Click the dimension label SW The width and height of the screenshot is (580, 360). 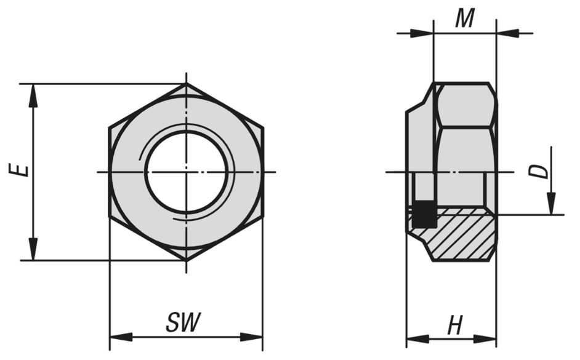pyautogui.click(x=183, y=322)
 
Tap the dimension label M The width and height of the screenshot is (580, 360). pyautogui.click(x=464, y=19)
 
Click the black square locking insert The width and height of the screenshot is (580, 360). pyautogui.click(x=423, y=214)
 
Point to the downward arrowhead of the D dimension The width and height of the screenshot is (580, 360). pyautogui.click(x=551, y=204)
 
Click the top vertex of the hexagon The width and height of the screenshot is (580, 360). pyautogui.click(x=187, y=84)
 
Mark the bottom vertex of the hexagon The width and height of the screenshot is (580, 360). pyautogui.click(x=187, y=260)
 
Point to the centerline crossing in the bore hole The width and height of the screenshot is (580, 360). pyautogui.click(x=187, y=172)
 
